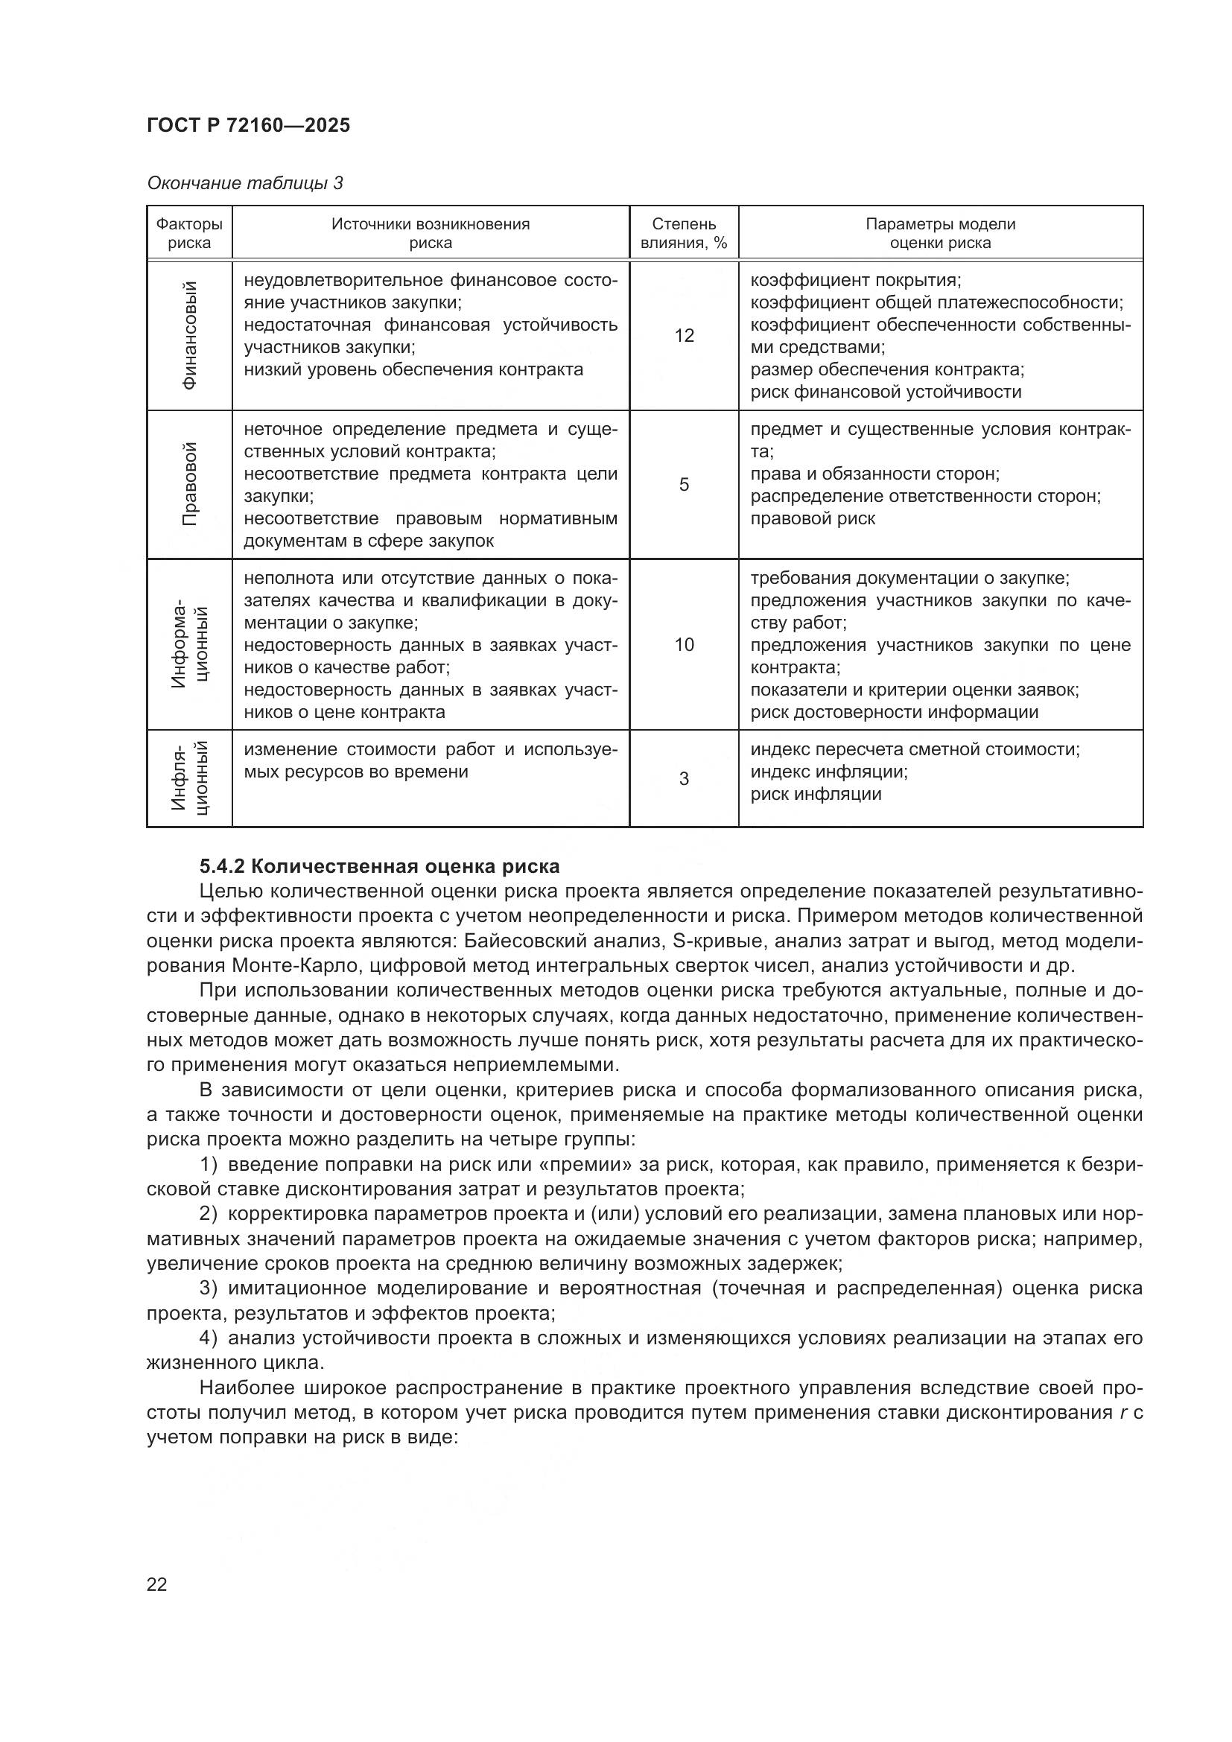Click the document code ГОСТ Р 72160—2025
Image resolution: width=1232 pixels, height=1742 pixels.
(x=248, y=126)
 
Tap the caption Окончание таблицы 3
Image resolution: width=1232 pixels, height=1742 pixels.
(x=244, y=184)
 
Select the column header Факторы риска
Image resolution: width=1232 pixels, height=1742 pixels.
(x=189, y=234)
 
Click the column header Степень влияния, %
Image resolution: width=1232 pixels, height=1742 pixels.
(x=684, y=234)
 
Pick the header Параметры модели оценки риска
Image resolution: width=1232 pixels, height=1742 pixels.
(x=940, y=234)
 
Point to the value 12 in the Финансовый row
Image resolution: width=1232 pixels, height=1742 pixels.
(x=684, y=336)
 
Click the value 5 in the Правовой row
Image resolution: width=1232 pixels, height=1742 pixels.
(x=684, y=485)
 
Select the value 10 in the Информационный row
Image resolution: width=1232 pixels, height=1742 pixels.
(x=684, y=645)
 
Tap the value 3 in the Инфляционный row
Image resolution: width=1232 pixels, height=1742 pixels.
(x=684, y=779)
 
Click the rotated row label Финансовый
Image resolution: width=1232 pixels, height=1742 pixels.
(x=190, y=335)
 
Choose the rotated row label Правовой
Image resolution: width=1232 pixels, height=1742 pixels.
(x=190, y=484)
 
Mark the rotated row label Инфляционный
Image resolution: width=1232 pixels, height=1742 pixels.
(x=190, y=778)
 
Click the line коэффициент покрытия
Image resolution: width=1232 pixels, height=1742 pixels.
(x=855, y=281)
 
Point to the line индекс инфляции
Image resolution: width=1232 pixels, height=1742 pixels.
(x=828, y=772)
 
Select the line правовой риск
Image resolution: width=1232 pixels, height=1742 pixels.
(x=813, y=519)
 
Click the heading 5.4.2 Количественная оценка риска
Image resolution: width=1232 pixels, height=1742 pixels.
(x=379, y=866)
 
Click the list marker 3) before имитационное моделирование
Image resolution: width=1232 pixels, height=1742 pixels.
(x=209, y=1288)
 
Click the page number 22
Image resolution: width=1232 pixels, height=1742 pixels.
(x=157, y=1585)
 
